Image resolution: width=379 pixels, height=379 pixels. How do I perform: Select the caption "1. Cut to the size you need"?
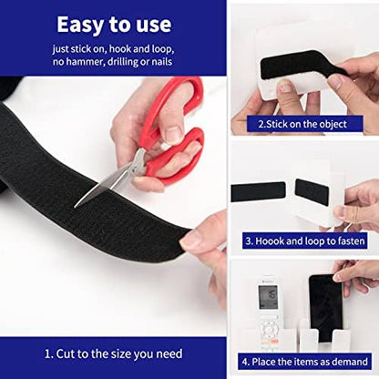114,353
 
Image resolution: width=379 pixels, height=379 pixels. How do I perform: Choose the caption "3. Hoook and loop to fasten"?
303,241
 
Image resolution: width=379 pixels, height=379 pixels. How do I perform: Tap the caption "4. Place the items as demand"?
303,363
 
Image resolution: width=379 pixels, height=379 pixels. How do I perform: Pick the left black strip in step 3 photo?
258,191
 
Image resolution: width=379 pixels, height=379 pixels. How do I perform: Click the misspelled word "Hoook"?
271,241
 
